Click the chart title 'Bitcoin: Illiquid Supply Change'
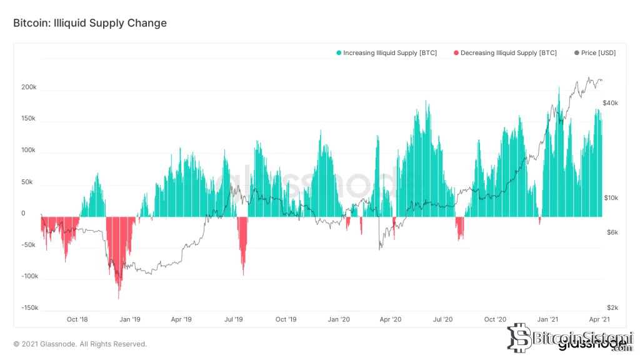90,23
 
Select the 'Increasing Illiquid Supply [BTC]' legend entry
386,53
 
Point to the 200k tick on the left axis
29,87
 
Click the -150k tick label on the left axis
29,308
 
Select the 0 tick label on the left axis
23,214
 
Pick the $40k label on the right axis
610,102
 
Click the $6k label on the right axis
611,232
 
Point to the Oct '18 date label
77,319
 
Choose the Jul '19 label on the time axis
234,319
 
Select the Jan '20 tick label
339,319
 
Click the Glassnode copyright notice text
80,344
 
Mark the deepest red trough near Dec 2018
119,297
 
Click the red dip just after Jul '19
243,274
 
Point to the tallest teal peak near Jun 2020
427,101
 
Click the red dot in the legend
456,53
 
